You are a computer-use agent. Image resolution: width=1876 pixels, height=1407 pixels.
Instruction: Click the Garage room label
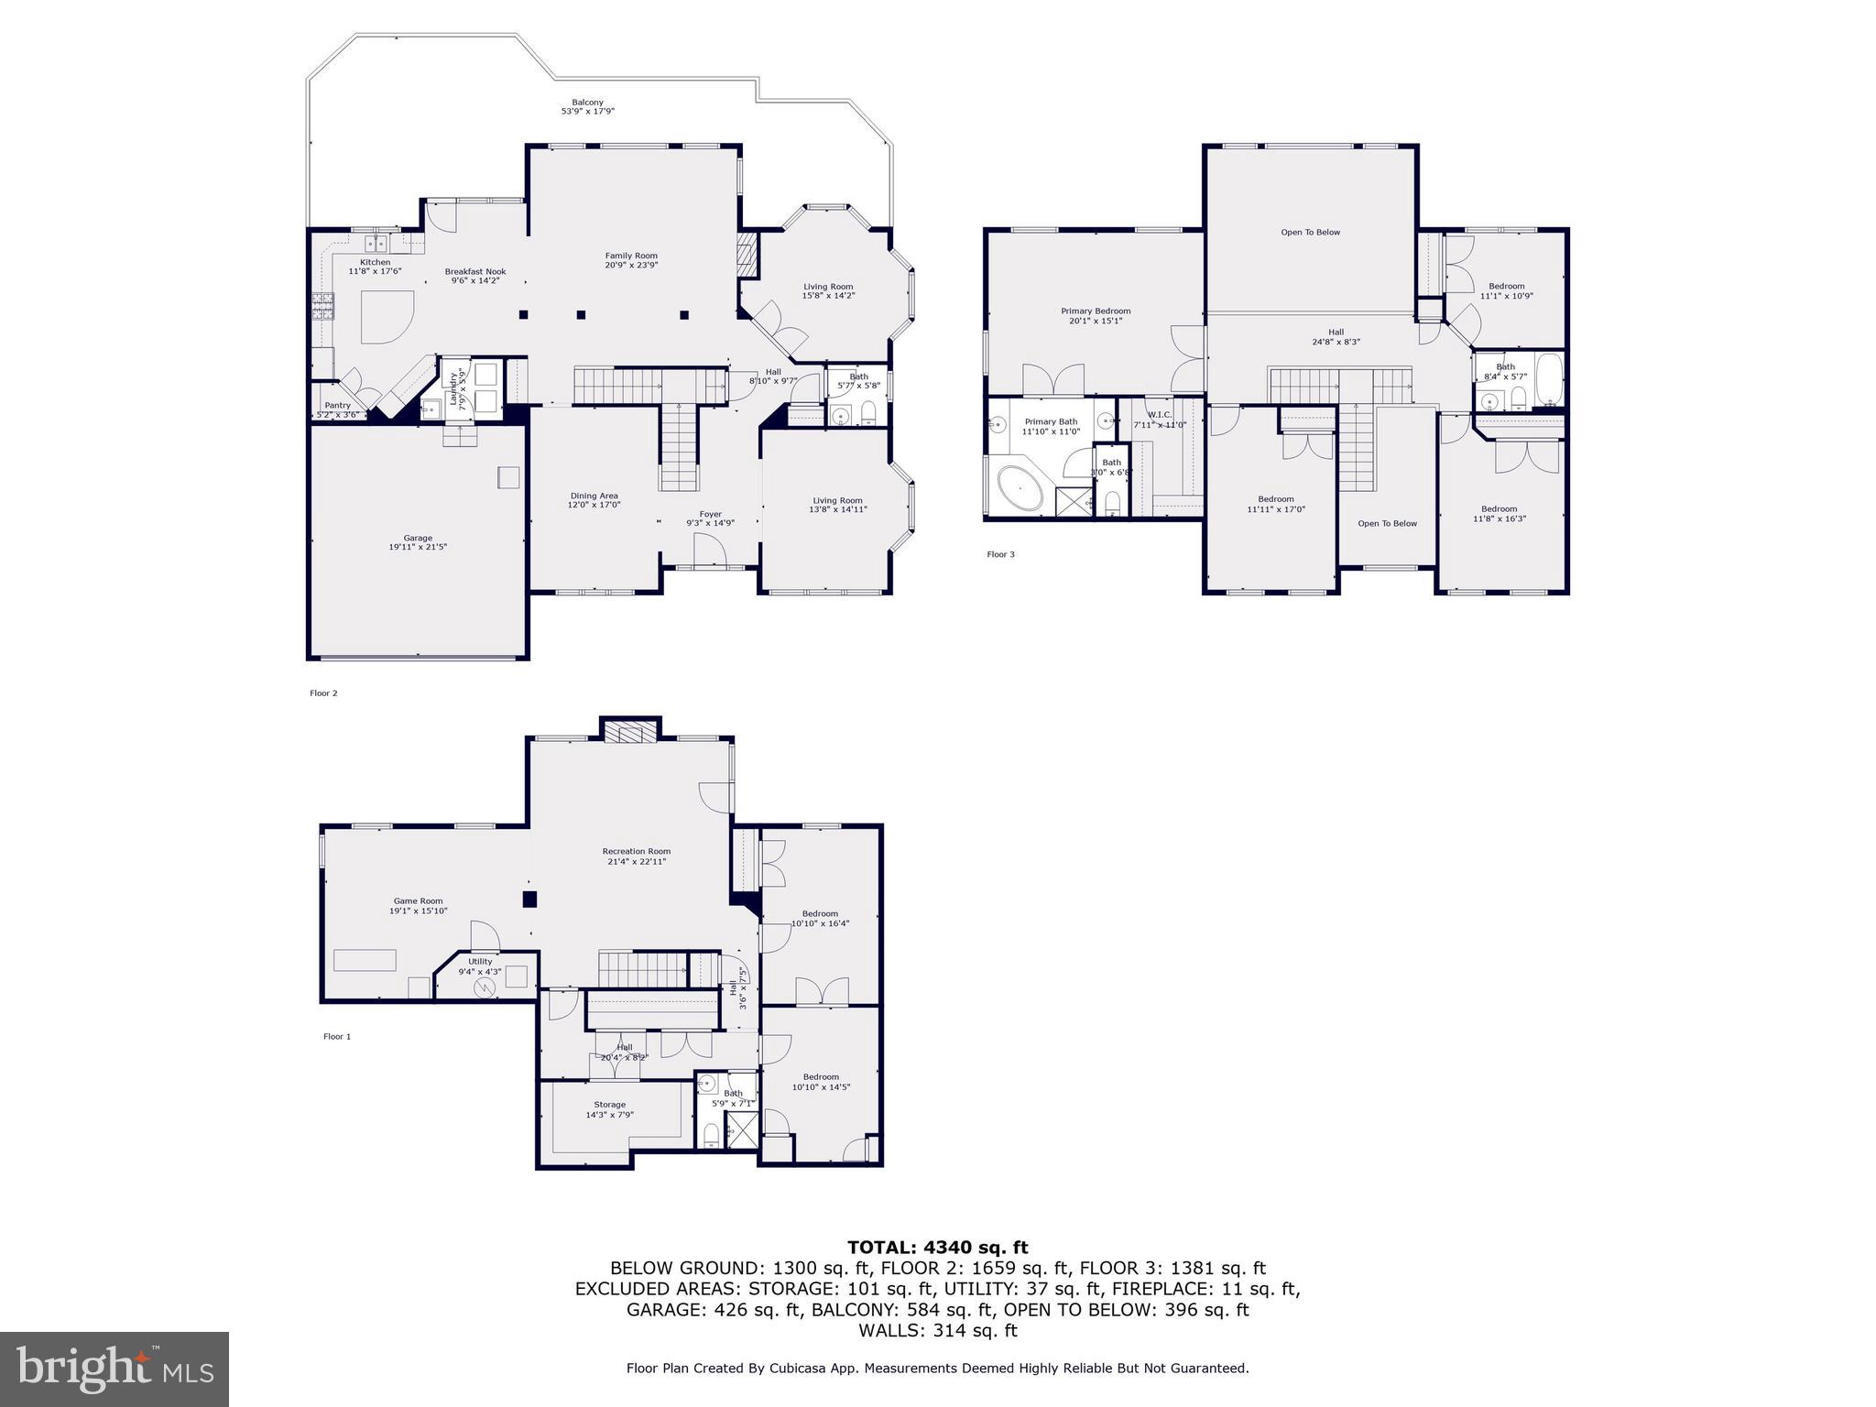tap(418, 539)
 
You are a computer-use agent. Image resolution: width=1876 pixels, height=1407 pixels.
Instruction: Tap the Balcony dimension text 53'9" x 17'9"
tap(587, 112)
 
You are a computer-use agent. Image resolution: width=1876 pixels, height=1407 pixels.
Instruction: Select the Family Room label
tap(631, 256)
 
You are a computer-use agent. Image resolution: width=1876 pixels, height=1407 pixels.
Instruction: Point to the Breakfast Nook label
tap(475, 271)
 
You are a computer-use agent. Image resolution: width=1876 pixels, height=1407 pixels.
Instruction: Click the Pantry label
tap(337, 405)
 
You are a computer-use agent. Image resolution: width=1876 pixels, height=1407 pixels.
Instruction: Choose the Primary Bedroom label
tap(1096, 311)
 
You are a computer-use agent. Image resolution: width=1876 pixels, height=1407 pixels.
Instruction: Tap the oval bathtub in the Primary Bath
tap(1020, 490)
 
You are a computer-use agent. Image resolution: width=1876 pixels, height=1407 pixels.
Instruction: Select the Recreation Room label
tap(636, 851)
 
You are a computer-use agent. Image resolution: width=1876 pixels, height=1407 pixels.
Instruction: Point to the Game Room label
tap(418, 900)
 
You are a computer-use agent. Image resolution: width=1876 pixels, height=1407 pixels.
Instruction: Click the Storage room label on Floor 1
tap(609, 1105)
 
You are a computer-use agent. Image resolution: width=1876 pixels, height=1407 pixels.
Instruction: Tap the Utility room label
tap(480, 961)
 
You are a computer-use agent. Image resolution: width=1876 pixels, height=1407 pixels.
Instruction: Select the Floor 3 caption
tap(1000, 554)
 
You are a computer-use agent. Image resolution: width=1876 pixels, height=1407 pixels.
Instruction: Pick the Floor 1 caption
tap(336, 1037)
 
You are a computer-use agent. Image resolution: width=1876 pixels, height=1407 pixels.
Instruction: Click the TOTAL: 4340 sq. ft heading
tap(937, 1247)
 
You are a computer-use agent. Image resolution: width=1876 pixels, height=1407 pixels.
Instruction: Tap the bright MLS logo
tap(115, 1369)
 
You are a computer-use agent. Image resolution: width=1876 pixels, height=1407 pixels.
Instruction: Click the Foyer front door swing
tap(709, 551)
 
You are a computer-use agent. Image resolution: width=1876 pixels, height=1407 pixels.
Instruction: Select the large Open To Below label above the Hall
tap(1310, 233)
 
